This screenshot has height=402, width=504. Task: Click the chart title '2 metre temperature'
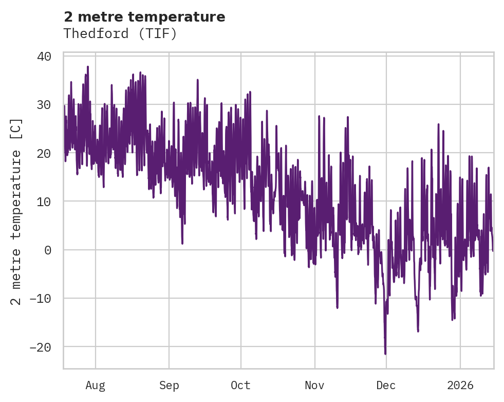pyautogui.click(x=144, y=17)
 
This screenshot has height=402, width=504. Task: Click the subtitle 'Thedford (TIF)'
pyautogui.click(x=120, y=33)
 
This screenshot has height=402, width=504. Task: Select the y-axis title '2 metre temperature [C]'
pyautogui.click(x=16, y=211)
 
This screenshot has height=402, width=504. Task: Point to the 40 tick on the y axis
pyautogui.click(x=44, y=56)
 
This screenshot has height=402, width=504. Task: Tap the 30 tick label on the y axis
pyautogui.click(x=44, y=105)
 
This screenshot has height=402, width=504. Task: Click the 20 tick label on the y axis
pyautogui.click(x=44, y=153)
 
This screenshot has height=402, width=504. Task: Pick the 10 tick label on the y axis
pyautogui.click(x=44, y=202)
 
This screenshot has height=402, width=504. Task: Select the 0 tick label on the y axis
pyautogui.click(x=47, y=250)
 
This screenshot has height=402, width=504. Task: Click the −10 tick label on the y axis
pyautogui.click(x=40, y=299)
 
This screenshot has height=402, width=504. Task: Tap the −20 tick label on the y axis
pyautogui.click(x=40, y=347)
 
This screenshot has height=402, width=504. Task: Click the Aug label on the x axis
pyautogui.click(x=95, y=385)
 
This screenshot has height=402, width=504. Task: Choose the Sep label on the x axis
pyautogui.click(x=169, y=385)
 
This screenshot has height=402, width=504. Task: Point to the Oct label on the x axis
pyautogui.click(x=240, y=385)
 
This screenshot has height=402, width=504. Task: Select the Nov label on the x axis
pyautogui.click(x=315, y=385)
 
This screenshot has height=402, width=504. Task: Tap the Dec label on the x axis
pyautogui.click(x=386, y=385)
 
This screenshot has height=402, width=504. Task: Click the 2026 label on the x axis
pyautogui.click(x=460, y=385)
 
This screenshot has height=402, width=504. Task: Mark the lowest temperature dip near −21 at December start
pyautogui.click(x=385, y=354)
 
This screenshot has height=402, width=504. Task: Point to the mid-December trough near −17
pyautogui.click(x=418, y=331)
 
